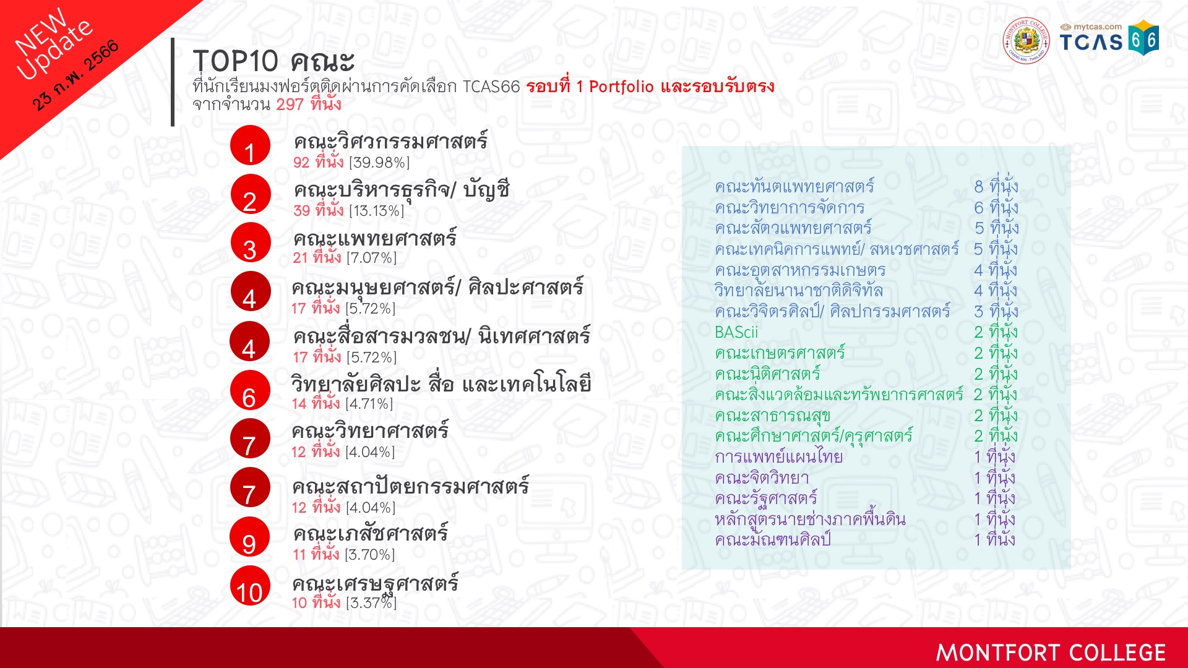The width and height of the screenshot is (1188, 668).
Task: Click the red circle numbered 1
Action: point(250,145)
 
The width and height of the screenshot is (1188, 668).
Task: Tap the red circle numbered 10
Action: point(250,586)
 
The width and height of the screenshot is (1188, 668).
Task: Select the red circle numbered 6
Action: point(250,390)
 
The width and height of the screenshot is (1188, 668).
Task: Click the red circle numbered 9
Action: point(250,537)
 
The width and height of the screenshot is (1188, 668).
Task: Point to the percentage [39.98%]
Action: point(379,163)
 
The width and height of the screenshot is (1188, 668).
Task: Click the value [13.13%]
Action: point(376,211)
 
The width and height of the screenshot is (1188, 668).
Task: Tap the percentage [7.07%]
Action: point(371,258)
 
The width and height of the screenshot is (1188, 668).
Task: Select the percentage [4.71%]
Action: point(369,404)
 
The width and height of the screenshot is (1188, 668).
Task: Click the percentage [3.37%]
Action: point(371,602)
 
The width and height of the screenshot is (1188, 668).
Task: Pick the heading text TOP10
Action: point(236,61)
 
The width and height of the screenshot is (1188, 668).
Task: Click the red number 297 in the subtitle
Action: point(290,105)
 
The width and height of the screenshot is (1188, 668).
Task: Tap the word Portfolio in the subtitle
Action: point(621,87)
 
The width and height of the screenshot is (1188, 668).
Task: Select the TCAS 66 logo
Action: point(1109,38)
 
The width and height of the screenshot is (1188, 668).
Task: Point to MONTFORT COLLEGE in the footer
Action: point(1051,653)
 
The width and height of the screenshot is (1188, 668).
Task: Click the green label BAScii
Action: point(736,332)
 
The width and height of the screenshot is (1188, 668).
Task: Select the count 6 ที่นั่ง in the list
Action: point(996,207)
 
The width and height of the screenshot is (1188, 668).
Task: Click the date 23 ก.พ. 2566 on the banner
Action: point(75,75)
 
